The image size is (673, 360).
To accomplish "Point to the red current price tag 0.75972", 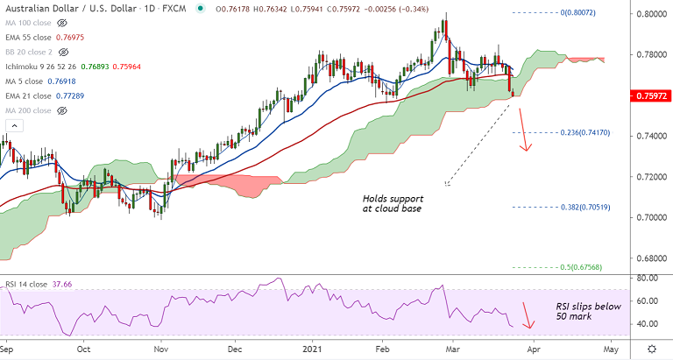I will pos(649,94).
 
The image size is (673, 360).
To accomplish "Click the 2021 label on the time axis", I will pos(313,347).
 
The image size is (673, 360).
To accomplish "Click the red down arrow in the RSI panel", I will pos(527,315).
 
